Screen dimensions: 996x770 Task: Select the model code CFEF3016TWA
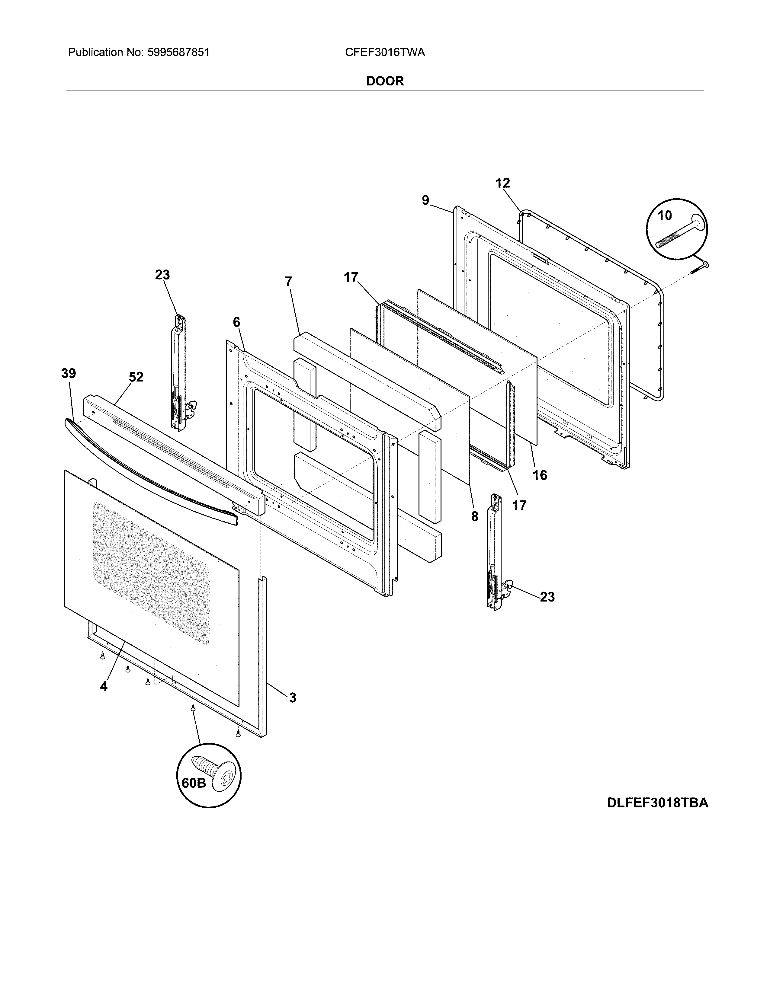tap(384, 53)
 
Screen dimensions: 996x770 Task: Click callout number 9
tap(425, 200)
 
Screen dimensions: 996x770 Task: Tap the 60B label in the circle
tap(194, 783)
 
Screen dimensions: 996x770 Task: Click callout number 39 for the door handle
tap(69, 374)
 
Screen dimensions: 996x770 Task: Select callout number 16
tap(540, 475)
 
